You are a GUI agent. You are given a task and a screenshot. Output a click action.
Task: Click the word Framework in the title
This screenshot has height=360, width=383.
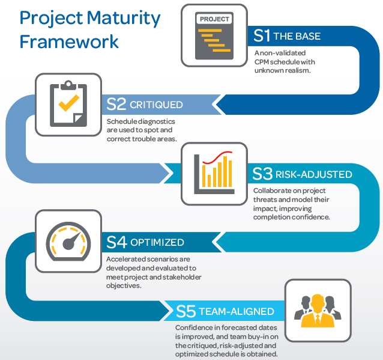pyautogui.click(x=69, y=41)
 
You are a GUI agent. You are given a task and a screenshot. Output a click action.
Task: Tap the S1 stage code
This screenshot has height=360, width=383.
pyautogui.click(x=262, y=35)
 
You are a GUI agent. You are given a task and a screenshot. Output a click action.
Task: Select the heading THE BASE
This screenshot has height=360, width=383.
pyautogui.click(x=297, y=36)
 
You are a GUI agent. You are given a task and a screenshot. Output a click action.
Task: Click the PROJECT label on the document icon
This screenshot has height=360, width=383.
pyautogui.click(x=214, y=19)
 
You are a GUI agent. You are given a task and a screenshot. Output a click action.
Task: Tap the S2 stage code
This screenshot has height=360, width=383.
pyautogui.click(x=116, y=105)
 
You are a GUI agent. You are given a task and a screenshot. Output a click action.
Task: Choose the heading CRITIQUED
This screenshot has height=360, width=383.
pyautogui.click(x=156, y=105)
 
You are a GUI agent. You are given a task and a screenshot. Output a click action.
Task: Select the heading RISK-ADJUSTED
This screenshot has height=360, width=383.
pyautogui.click(x=313, y=175)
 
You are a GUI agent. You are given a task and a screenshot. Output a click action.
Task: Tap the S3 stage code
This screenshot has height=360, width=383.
pyautogui.click(x=263, y=174)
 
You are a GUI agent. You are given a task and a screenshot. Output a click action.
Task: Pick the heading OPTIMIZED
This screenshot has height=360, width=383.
pyautogui.click(x=157, y=243)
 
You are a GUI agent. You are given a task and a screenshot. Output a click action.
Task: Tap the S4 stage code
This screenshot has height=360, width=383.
pyautogui.click(x=117, y=243)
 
